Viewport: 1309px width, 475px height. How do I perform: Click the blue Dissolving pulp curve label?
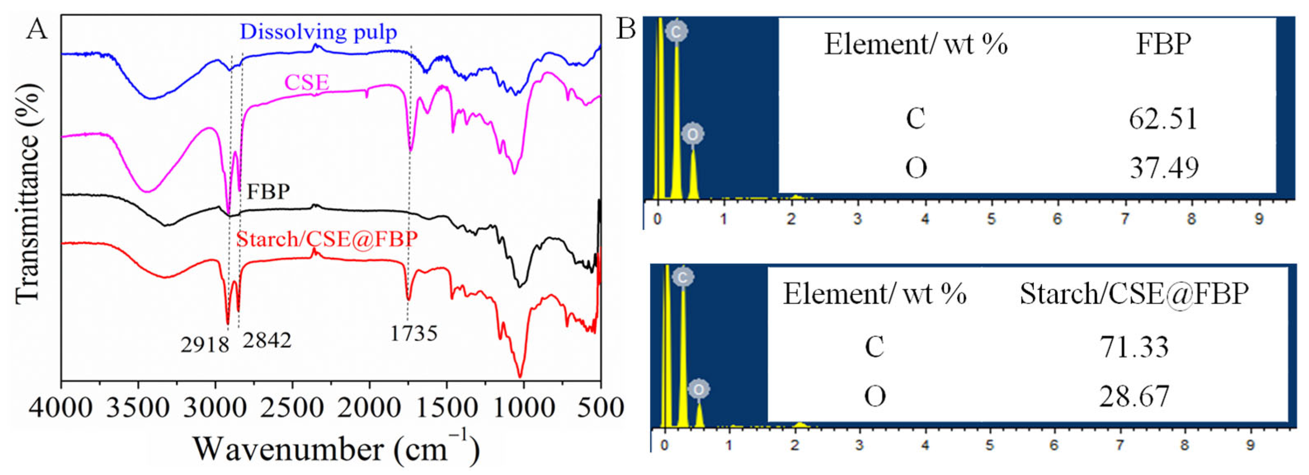(318, 32)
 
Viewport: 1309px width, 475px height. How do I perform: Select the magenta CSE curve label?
(306, 82)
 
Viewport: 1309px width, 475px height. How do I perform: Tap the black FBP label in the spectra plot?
(268, 192)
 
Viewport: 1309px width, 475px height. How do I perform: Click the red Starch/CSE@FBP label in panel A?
(327, 239)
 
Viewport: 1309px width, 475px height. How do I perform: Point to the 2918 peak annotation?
(205, 345)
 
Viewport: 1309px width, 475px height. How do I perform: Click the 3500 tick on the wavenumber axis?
(138, 408)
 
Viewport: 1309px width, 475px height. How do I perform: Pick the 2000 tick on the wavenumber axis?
(370, 408)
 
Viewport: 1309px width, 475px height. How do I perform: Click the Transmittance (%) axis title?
(28, 194)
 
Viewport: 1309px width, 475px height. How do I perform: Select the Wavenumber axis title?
(336, 449)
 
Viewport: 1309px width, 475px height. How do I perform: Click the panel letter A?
(36, 29)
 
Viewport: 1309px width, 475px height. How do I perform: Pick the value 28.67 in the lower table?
(1134, 396)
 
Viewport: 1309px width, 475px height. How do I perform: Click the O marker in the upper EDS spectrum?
(693, 134)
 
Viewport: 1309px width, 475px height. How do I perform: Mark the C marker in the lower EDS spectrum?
(683, 277)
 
